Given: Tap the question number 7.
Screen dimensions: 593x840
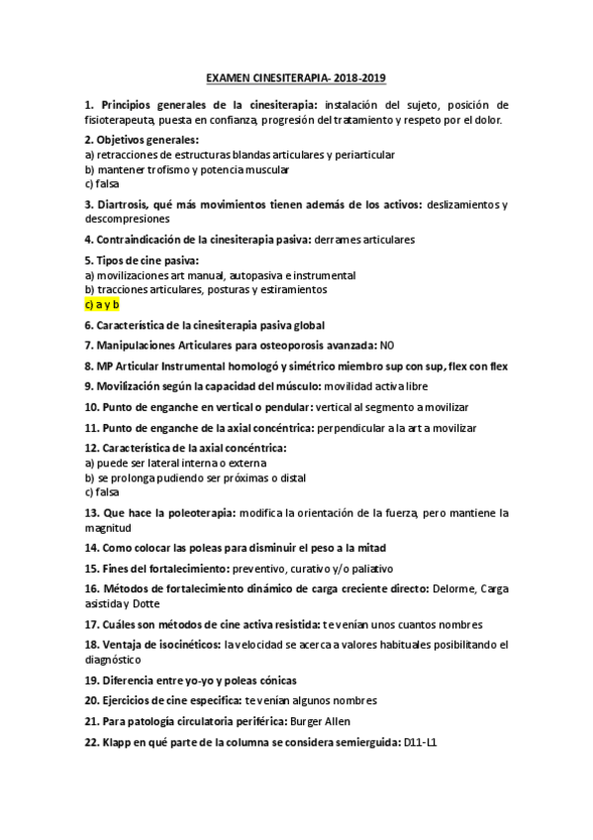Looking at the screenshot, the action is [x=89, y=346].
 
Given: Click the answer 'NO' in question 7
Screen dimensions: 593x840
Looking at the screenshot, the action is [x=389, y=346].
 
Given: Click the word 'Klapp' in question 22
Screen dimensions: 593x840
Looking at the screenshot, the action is [x=117, y=742].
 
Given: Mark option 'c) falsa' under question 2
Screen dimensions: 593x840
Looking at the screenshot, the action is [x=102, y=183].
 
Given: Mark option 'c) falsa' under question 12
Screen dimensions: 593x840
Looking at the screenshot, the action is [x=102, y=491].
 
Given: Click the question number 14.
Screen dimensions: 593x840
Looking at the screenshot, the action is [x=91, y=548].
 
